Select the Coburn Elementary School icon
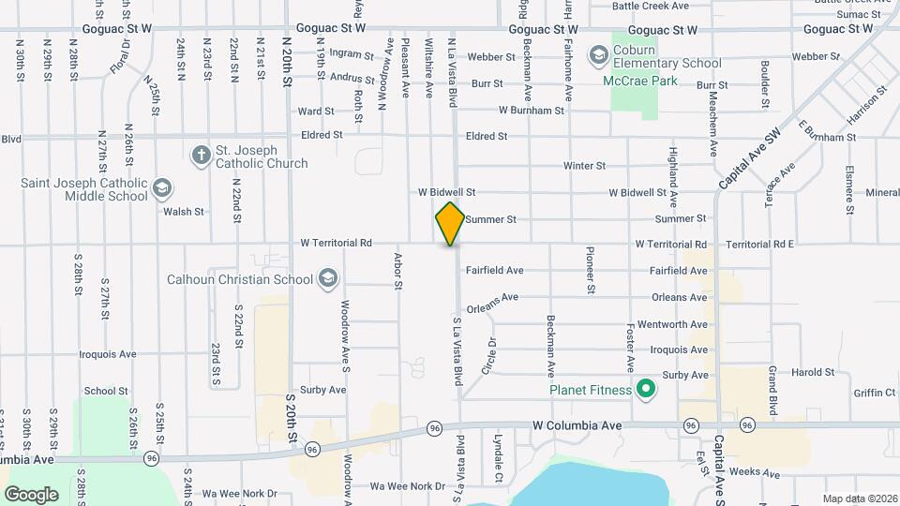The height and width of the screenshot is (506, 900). [x=598, y=56]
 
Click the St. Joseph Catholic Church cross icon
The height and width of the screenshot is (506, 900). [x=200, y=156]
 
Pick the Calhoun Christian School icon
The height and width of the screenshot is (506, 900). [x=328, y=278]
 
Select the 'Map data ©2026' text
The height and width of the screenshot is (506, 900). [x=859, y=498]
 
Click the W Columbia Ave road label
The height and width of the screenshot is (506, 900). [x=577, y=425]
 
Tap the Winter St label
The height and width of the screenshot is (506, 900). [x=584, y=166]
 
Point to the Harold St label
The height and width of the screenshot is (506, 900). [x=812, y=372]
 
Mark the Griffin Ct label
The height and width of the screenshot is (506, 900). [x=875, y=393]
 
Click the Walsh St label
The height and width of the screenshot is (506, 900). [x=184, y=212]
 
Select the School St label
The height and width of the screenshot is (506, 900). [x=106, y=391]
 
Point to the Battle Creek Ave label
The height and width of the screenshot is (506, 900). [x=651, y=6]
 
